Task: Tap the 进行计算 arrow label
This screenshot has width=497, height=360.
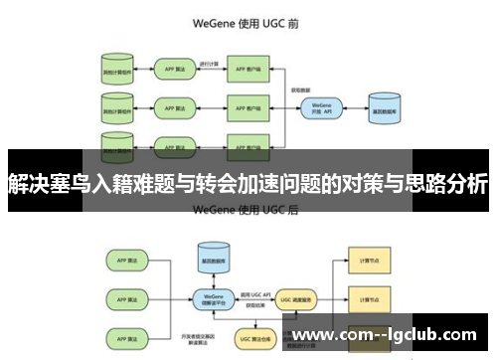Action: click(208, 65)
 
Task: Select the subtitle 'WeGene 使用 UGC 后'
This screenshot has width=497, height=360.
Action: click(248, 210)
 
